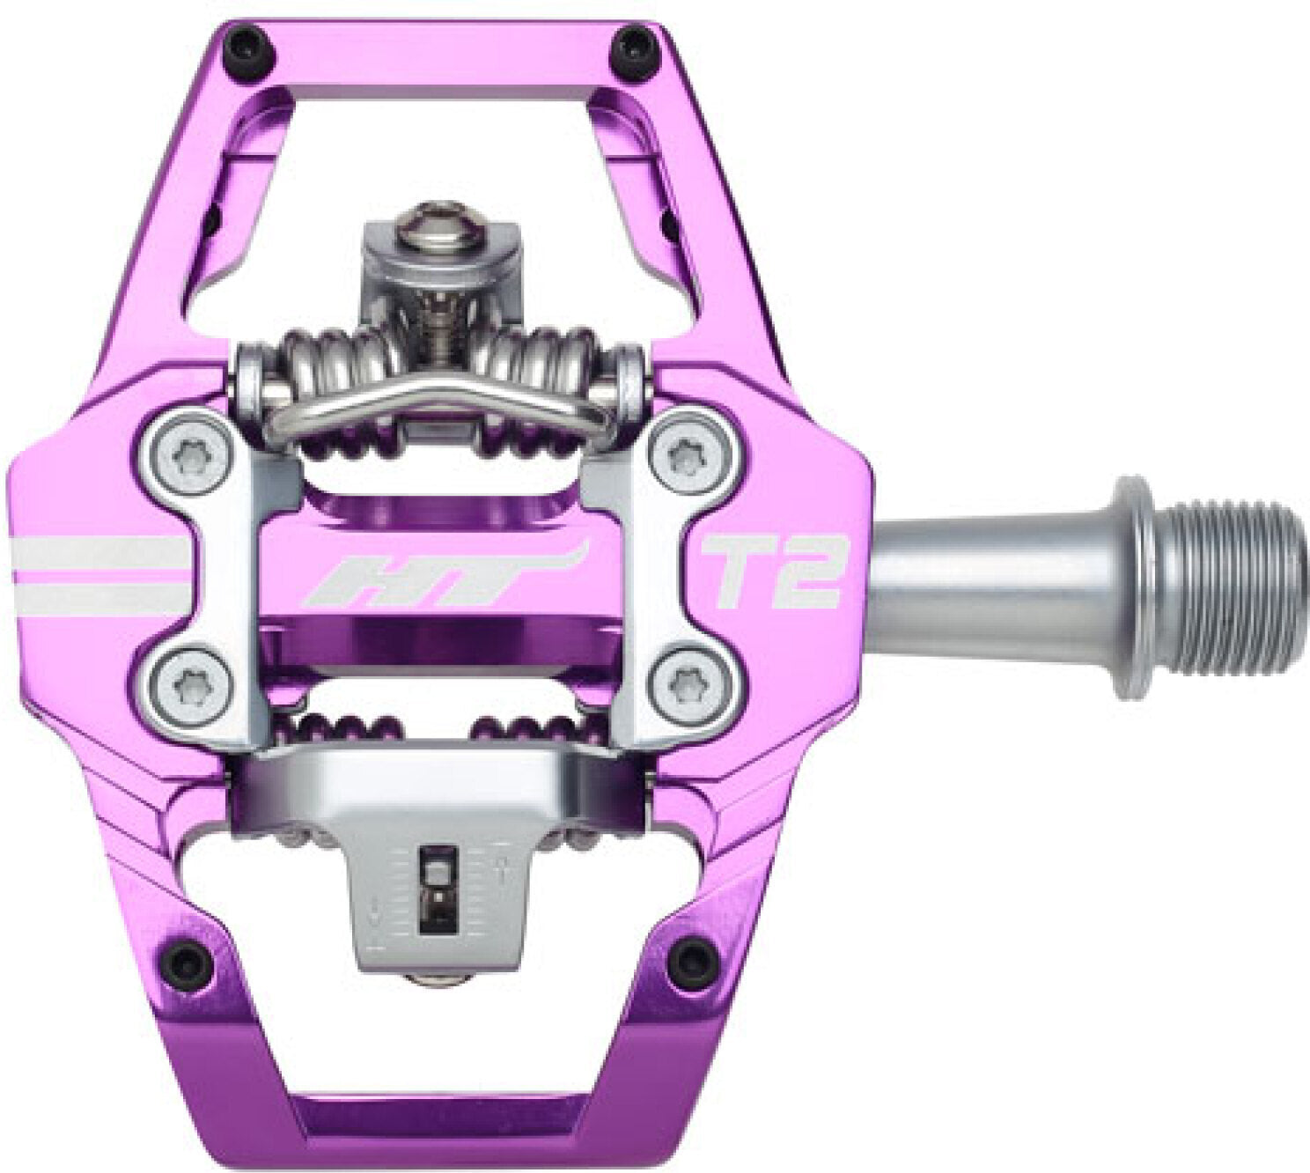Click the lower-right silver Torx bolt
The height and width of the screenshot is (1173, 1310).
(687, 679)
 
